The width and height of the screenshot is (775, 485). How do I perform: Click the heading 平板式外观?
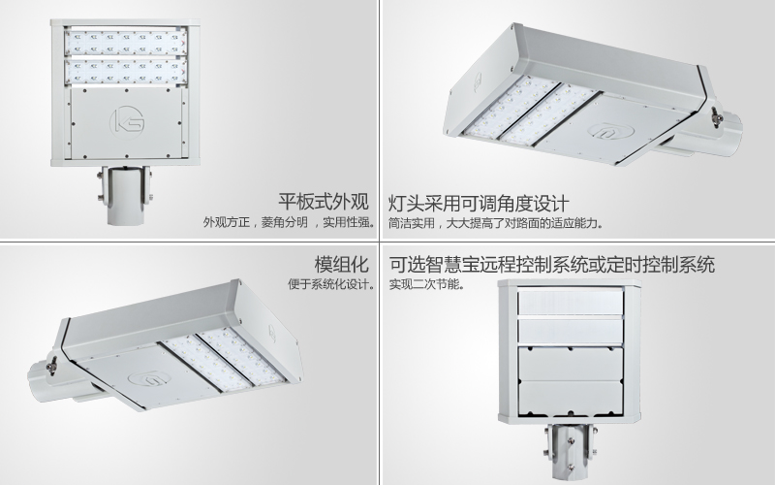point(324,202)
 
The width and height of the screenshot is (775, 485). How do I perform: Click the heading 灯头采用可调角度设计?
point(479,203)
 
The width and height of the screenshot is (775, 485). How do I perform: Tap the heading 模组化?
point(342,264)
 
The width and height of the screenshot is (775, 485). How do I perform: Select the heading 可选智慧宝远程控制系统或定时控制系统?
point(551,264)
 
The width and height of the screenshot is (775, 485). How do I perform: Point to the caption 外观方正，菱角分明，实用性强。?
point(289,222)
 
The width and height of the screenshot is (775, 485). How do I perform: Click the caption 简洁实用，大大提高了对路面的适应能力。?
point(495,223)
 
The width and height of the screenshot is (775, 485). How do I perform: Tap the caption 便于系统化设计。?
point(331,284)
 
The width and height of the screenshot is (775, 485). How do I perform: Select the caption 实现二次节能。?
point(426,284)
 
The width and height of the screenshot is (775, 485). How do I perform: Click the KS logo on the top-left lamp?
point(127,120)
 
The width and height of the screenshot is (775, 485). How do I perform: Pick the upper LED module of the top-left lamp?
point(126,43)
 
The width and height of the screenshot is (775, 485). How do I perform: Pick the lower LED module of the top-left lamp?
point(126,72)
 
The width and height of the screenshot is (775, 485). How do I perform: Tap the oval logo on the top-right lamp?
point(610,131)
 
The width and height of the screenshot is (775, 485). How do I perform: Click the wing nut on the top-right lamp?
point(716,117)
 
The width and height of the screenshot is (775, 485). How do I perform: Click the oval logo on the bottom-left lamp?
point(149,379)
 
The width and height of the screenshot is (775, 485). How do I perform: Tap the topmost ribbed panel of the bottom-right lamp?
point(570,302)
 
